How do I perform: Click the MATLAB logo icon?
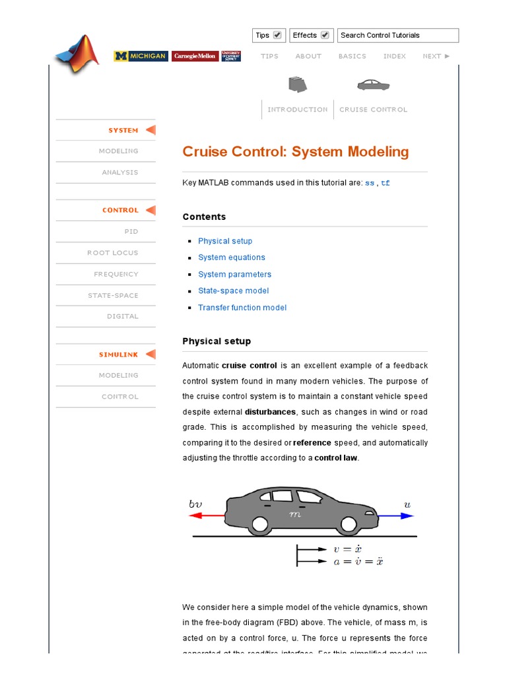77,54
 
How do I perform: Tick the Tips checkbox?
277,35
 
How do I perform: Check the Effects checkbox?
325,35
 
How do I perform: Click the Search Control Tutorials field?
397,35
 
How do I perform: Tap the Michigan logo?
141,56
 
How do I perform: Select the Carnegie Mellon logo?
195,56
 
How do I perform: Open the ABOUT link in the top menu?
308,56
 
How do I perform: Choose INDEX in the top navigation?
395,56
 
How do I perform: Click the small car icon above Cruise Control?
373,84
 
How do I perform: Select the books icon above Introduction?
298,84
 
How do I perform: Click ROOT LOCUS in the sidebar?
113,253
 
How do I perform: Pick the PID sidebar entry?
131,232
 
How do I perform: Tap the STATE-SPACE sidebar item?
114,295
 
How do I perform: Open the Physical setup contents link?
225,241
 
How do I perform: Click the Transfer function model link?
242,308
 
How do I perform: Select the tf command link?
386,183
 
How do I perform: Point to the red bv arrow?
205,516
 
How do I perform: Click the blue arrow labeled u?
396,516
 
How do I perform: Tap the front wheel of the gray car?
347,525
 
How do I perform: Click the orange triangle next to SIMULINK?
151,355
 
